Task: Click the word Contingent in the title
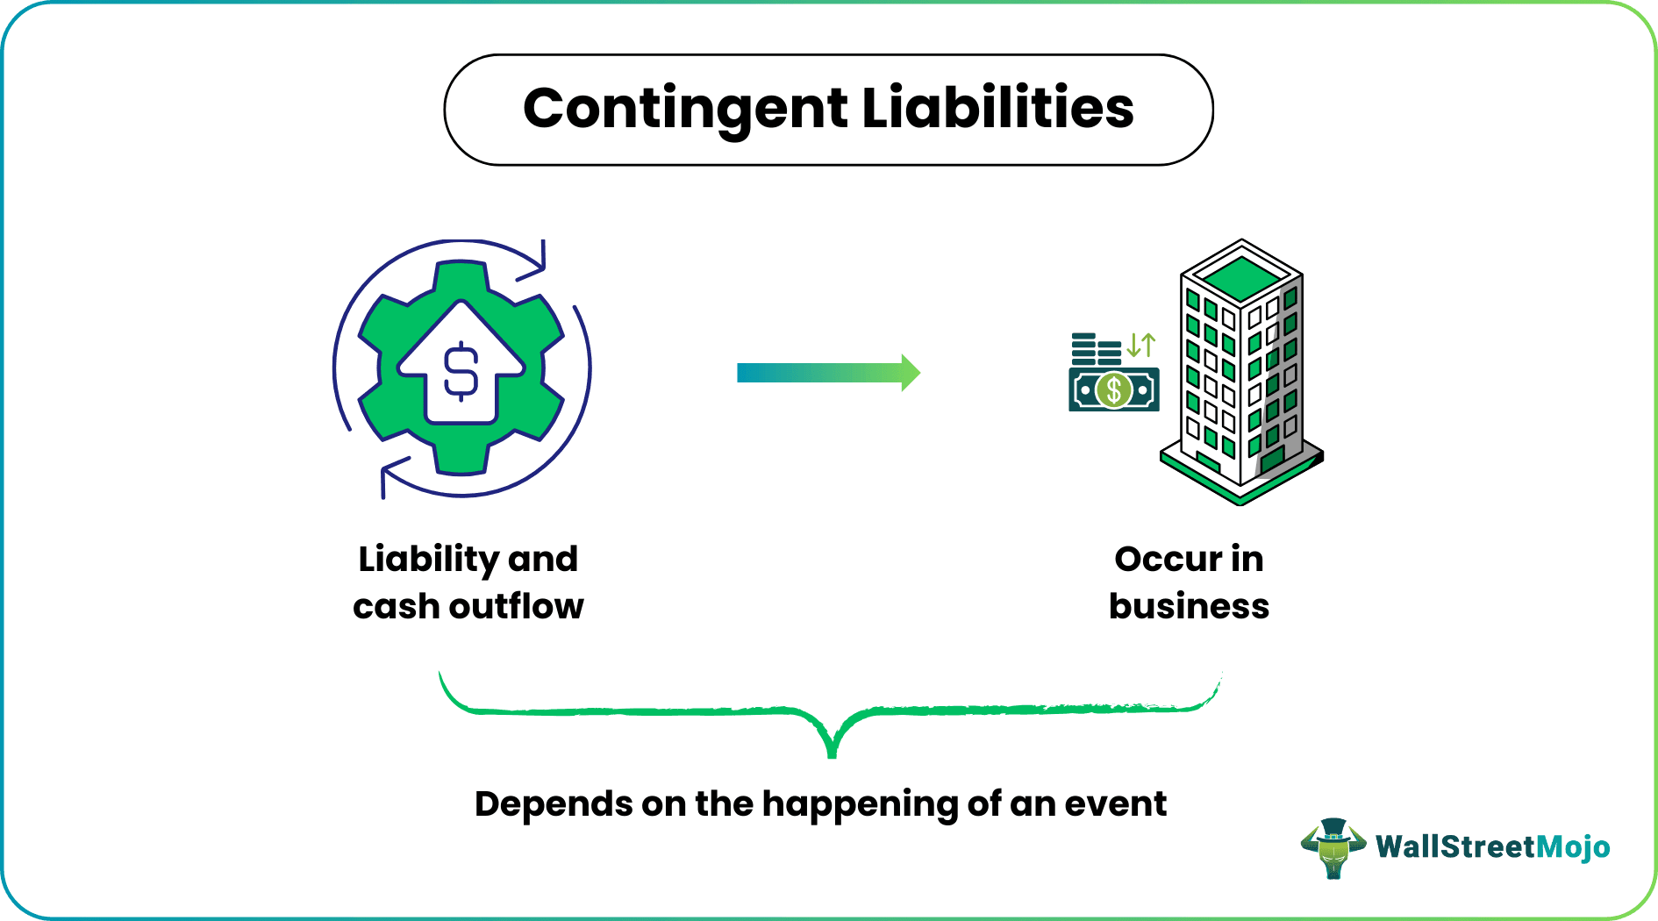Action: [x=685, y=109]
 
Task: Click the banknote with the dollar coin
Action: [x=1114, y=389]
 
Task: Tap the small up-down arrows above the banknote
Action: [x=1141, y=345]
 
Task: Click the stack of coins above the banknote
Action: [x=1096, y=348]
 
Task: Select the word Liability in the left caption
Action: [x=428, y=560]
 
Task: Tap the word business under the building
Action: [x=1189, y=606]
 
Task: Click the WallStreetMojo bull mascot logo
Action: [x=1333, y=847]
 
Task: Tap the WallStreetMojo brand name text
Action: [x=1492, y=847]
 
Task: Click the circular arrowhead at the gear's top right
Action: [x=536, y=262]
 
